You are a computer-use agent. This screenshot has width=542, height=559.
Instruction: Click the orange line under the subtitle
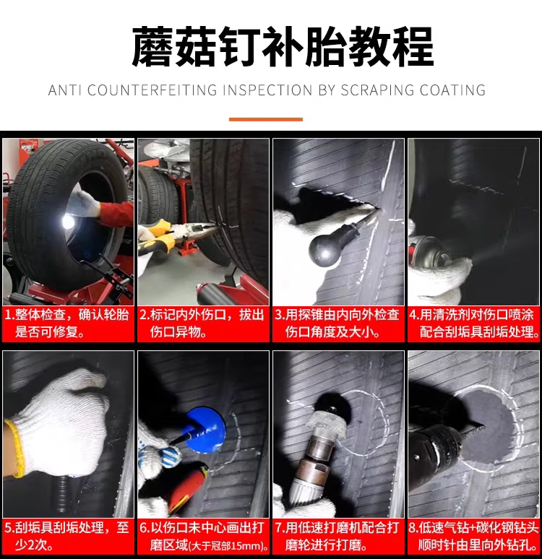coord(266,119)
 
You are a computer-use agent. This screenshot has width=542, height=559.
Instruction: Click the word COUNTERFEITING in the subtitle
coord(152,90)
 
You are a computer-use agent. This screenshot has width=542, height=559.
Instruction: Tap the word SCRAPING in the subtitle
coord(377,90)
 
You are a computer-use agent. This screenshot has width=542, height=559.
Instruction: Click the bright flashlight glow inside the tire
coord(68,222)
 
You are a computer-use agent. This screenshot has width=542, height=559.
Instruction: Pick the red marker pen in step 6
coord(186,485)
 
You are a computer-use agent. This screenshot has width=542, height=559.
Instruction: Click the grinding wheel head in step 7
coord(327,420)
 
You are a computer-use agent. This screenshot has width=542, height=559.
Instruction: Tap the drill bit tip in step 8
coord(483,426)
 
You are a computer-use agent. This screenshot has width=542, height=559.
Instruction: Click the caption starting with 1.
coord(67,324)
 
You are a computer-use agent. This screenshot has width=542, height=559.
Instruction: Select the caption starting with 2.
coord(202,324)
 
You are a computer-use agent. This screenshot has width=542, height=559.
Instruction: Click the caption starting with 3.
coord(337,324)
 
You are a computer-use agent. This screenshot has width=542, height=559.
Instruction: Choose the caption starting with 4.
coord(474,324)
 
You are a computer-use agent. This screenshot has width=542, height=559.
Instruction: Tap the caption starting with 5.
coord(67,536)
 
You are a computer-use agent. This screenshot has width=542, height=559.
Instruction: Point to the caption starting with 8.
coord(473,536)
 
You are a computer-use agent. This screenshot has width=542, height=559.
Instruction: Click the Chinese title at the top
coord(283,47)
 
